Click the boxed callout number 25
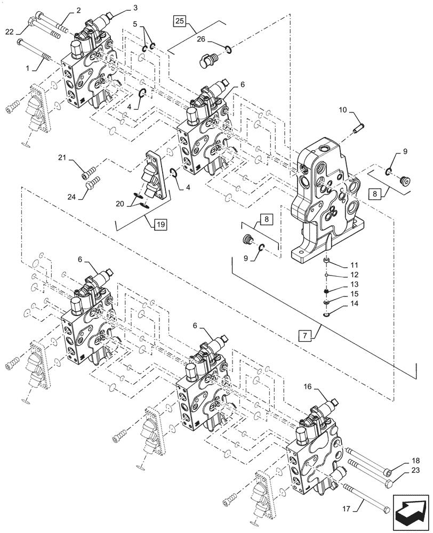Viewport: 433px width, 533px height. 179,21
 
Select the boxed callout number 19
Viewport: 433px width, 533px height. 160,224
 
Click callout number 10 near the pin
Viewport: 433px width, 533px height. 343,110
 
